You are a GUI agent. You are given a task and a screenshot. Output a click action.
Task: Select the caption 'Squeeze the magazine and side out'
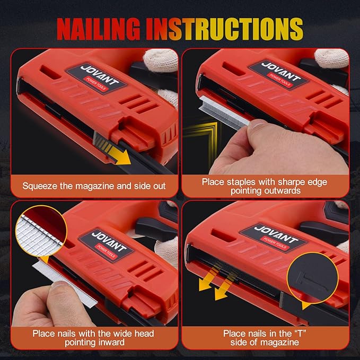click(94, 186)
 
